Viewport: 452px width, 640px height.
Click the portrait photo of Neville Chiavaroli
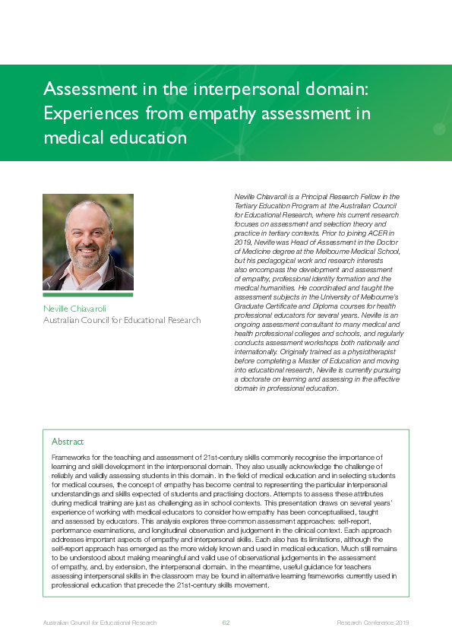tap(87, 242)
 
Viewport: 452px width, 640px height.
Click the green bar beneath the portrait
tap(87, 295)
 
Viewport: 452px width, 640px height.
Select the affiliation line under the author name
tap(122, 320)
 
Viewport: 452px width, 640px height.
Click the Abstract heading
tap(68, 442)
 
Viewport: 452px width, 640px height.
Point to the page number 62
tap(226, 623)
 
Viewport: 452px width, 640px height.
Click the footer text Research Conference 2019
tap(373, 623)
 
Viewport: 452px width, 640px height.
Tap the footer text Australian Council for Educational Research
tap(100, 623)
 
